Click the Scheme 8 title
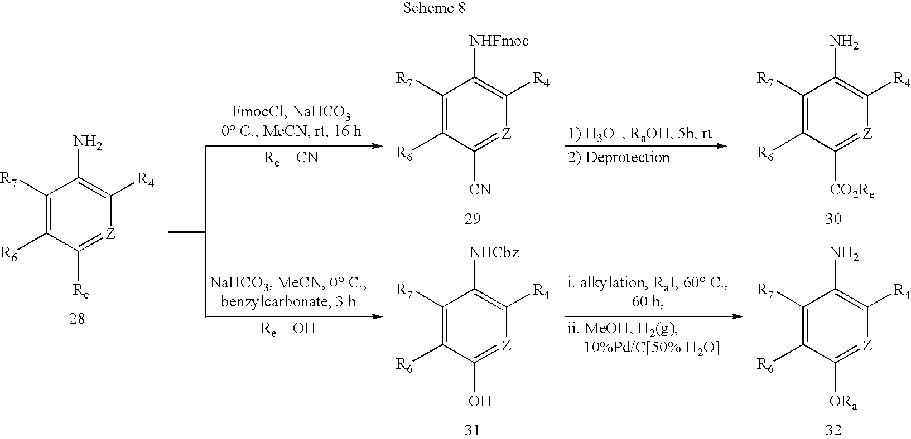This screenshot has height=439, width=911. [x=435, y=8]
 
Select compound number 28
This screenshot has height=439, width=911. [x=77, y=319]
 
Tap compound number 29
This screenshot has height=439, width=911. [x=473, y=219]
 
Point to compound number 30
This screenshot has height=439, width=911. [x=833, y=219]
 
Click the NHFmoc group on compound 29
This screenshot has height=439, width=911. [x=499, y=41]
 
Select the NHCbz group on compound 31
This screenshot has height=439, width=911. [x=494, y=252]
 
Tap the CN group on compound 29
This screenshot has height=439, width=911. [x=480, y=189]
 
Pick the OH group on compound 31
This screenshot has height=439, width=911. [x=480, y=401]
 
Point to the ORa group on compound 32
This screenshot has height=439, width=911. [x=843, y=402]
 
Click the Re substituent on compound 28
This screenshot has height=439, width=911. [x=81, y=291]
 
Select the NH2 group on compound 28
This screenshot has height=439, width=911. [x=88, y=142]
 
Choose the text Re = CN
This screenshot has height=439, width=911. [x=291, y=158]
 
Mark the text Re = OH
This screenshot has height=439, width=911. [x=288, y=329]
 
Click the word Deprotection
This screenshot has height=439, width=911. [x=627, y=158]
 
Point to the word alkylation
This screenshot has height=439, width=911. [x=613, y=283]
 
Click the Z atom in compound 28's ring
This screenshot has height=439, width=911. [x=110, y=233]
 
